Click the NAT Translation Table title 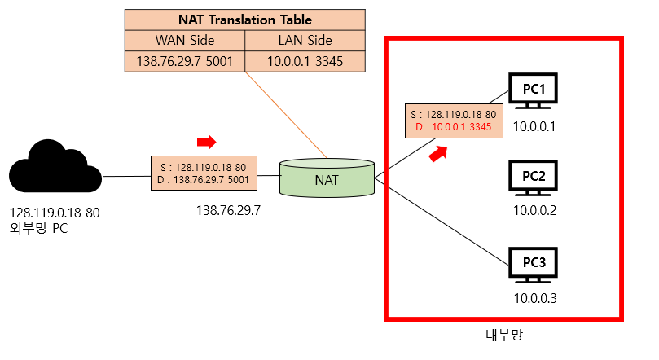point(244,20)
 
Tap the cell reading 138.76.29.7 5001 point(184,61)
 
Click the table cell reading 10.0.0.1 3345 point(305,61)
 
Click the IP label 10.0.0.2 point(534,211)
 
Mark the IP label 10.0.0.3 point(534,298)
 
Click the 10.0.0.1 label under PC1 point(534,126)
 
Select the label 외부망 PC point(39,229)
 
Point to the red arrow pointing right point(207,143)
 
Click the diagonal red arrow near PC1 point(439,152)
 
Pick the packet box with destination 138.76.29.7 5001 point(204,173)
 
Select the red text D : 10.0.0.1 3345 point(454,126)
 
